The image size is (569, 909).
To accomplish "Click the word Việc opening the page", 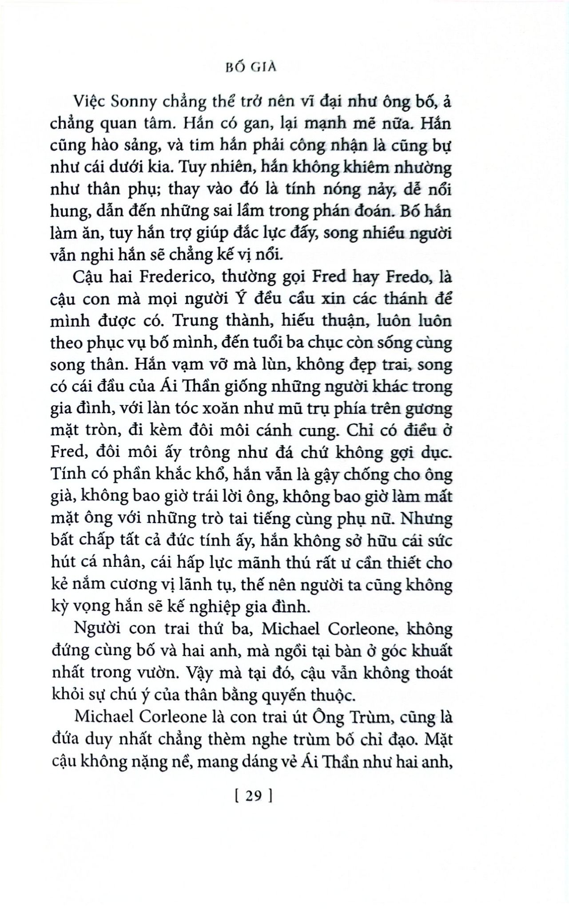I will click(90, 103).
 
